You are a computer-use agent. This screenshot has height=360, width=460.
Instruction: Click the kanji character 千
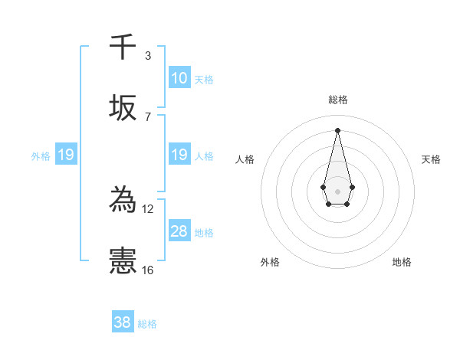click(x=123, y=47)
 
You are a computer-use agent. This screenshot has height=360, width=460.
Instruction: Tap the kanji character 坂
click(x=123, y=109)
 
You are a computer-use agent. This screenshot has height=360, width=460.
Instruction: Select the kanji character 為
click(x=123, y=201)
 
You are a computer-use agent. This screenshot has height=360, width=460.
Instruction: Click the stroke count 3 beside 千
click(x=147, y=55)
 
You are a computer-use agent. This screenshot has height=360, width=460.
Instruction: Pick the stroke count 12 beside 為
click(x=148, y=208)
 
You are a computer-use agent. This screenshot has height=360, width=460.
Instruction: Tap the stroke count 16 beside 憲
click(x=148, y=270)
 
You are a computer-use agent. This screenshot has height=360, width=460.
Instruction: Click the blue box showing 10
click(x=179, y=78)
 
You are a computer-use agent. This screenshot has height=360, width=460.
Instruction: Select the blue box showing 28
click(x=179, y=231)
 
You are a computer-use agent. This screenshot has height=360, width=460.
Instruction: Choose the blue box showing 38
click(x=122, y=322)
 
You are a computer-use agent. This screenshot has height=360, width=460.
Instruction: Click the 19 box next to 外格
click(x=65, y=155)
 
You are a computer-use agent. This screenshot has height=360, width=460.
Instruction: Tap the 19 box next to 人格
click(x=179, y=155)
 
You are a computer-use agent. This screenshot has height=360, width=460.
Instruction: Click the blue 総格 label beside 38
click(x=147, y=323)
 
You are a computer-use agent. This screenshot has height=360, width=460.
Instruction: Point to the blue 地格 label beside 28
click(x=204, y=232)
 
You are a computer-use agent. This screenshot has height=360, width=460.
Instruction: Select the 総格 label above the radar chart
click(x=337, y=100)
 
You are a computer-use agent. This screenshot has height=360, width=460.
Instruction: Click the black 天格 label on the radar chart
click(x=431, y=159)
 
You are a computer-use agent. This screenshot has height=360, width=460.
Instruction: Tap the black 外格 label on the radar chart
click(x=270, y=262)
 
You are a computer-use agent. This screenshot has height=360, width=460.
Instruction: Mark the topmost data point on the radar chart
click(x=337, y=129)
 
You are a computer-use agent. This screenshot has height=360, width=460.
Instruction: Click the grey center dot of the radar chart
click(x=337, y=190)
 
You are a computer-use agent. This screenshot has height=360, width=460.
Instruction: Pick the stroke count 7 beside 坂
click(x=147, y=116)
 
